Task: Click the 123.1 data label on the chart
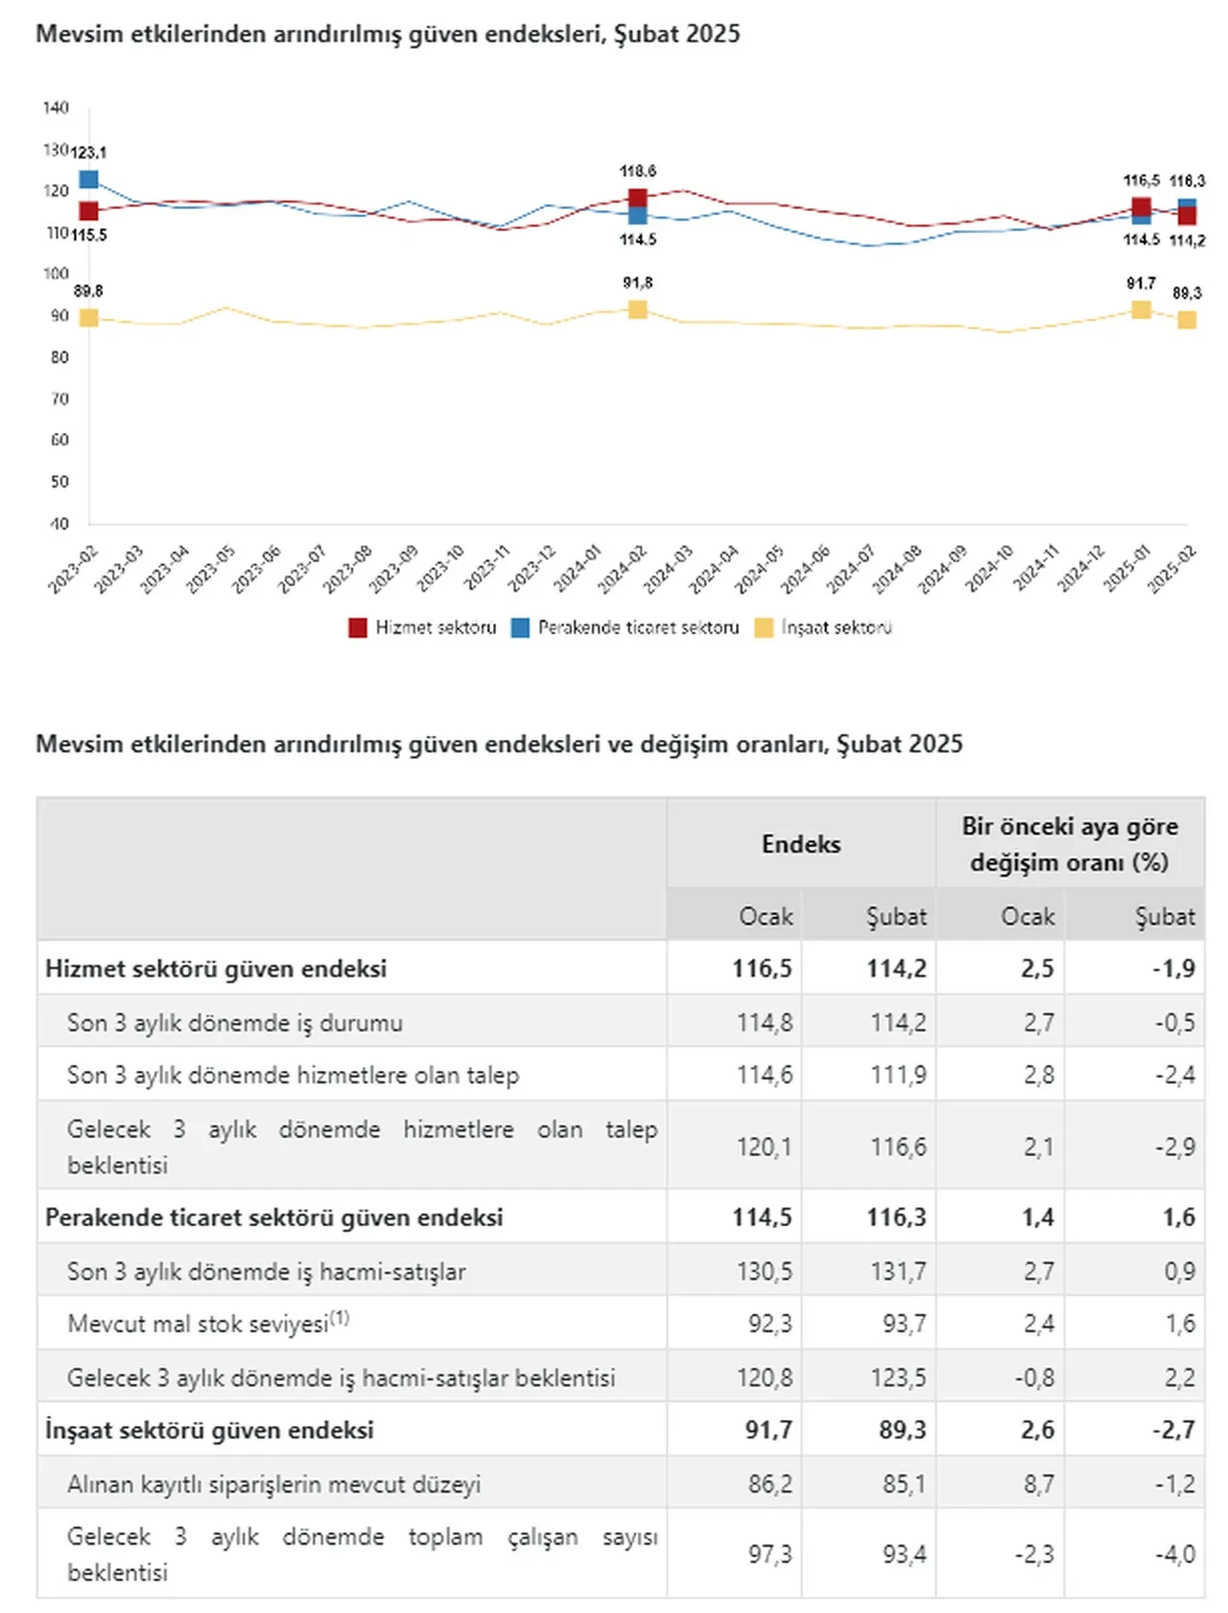pyautogui.click(x=89, y=153)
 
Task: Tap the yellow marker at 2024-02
pyautogui.click(x=637, y=309)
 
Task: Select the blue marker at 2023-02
pyautogui.click(x=89, y=179)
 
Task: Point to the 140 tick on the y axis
pyautogui.click(x=57, y=107)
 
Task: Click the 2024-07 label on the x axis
pyautogui.click(x=851, y=568)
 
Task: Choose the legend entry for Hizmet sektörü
pyautogui.click(x=423, y=628)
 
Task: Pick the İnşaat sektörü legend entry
pyautogui.click(x=824, y=628)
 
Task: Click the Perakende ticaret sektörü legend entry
pyautogui.click(x=626, y=628)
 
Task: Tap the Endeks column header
pyautogui.click(x=801, y=844)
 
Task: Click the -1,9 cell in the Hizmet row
pyautogui.click(x=1173, y=968)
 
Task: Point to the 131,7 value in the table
pyautogui.click(x=898, y=1271)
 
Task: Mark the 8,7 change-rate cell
pyautogui.click(x=1039, y=1484)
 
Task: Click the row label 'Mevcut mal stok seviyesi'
pyautogui.click(x=198, y=1324)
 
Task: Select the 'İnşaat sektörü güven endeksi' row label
pyautogui.click(x=209, y=1431)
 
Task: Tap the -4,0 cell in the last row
pyautogui.click(x=1175, y=1554)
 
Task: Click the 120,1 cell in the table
pyautogui.click(x=764, y=1147)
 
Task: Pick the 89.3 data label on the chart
pyautogui.click(x=1187, y=294)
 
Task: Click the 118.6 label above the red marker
pyautogui.click(x=638, y=172)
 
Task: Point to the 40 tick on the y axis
pyautogui.click(x=59, y=524)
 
